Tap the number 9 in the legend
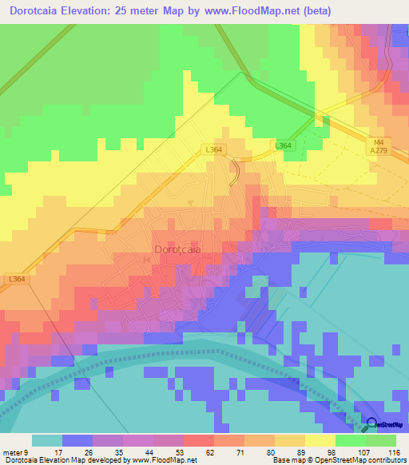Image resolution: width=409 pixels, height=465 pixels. tap(26, 451)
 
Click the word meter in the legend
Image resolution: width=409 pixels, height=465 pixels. tap(12, 451)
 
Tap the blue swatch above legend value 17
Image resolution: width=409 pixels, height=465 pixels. tap(77, 440)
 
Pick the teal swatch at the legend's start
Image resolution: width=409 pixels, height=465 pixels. tap(46, 440)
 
